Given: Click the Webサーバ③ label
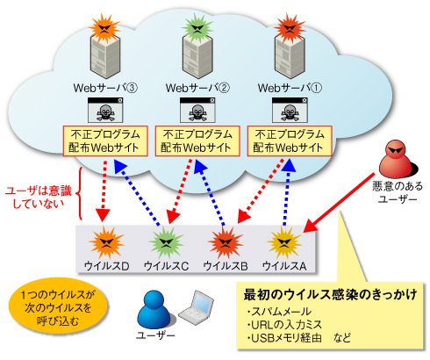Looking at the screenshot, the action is point(105,88).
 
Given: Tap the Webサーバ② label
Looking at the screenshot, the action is point(197,88).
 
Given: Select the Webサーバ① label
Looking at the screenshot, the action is point(290,88).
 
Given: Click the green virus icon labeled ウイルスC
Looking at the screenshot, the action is point(166,243).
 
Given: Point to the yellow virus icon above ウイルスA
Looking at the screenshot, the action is point(284,242).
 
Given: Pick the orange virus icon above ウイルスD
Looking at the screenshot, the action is point(106,242).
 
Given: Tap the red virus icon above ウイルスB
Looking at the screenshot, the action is point(226,243).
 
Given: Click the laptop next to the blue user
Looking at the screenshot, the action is point(197,306).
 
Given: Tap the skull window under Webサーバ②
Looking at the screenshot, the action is point(197,110).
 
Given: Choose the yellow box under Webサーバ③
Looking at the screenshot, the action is point(105,141).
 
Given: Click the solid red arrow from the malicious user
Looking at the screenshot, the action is point(339,203).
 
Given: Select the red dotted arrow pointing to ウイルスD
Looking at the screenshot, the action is point(103,191).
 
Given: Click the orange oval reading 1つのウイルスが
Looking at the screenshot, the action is point(58,307).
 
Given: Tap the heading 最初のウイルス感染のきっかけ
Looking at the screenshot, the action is point(331,294).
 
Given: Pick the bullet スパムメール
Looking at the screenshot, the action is point(279,312).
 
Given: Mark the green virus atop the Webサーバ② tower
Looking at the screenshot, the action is point(198,27).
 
